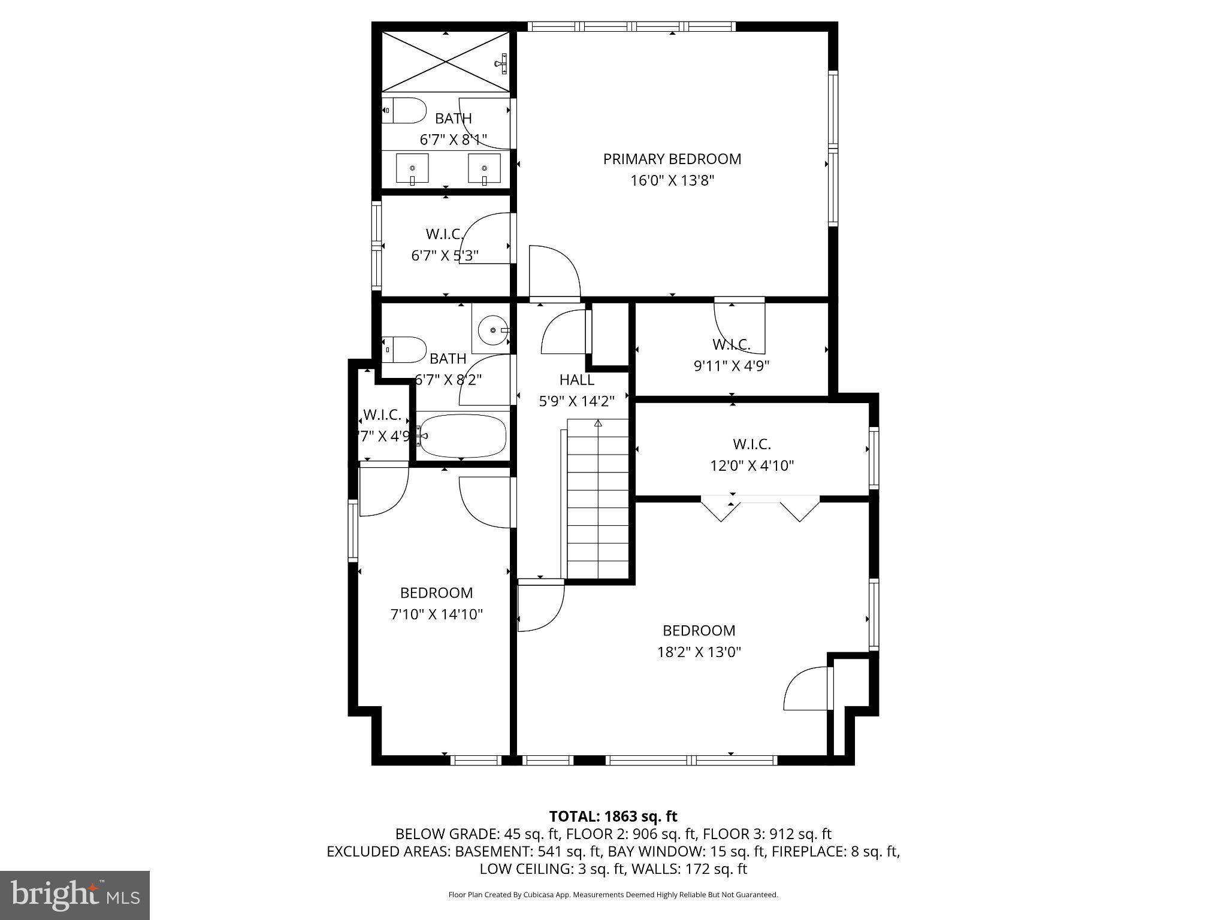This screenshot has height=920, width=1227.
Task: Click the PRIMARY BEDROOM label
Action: click(672, 159)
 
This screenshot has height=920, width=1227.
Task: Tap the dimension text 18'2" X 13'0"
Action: click(699, 652)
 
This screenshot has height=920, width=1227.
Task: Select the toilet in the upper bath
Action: click(404, 110)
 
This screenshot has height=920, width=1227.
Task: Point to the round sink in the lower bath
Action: click(492, 329)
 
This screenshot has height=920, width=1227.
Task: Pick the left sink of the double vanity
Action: click(412, 168)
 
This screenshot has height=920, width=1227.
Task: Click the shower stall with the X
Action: click(446, 62)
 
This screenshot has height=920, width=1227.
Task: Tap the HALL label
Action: click(576, 380)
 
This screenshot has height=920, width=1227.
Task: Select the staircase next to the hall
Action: click(597, 499)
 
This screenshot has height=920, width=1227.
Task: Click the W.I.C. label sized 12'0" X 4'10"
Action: click(751, 444)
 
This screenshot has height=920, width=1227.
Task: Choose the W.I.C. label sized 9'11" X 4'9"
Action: click(731, 344)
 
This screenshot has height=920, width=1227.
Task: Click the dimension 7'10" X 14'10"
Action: click(436, 614)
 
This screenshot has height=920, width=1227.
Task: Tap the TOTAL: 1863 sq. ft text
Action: click(613, 816)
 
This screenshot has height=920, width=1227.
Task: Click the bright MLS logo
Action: click(75, 895)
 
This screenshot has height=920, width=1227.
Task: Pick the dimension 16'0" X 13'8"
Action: click(672, 180)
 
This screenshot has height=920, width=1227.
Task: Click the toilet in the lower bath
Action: click(404, 349)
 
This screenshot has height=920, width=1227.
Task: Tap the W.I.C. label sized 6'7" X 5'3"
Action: click(445, 234)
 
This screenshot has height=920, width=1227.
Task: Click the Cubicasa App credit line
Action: click(613, 895)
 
